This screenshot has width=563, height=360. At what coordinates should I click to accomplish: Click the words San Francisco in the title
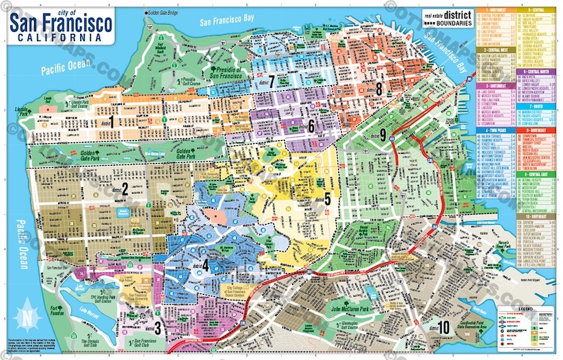61,24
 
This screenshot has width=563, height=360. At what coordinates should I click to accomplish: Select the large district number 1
111,121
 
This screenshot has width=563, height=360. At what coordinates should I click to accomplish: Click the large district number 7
271,79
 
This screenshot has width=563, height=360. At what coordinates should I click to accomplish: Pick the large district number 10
444,327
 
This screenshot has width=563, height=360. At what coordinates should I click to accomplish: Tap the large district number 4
205,264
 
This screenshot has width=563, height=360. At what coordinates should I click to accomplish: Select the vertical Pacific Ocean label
21,245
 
